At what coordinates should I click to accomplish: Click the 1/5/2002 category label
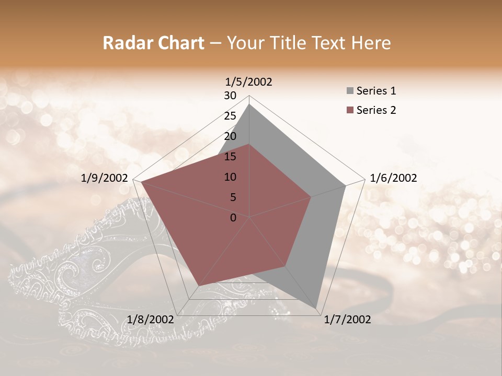(249, 82)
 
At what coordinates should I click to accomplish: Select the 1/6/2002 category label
(393, 178)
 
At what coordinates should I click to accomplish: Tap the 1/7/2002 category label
(348, 320)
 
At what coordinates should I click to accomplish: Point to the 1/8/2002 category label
(150, 320)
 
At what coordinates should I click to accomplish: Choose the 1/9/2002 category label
(105, 178)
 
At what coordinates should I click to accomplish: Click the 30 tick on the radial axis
(230, 96)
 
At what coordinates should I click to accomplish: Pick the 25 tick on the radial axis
(230, 116)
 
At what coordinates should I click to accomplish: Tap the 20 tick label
(230, 136)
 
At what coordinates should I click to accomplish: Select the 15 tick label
(230, 157)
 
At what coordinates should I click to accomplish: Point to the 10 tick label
(230, 177)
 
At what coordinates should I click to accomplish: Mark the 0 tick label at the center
(233, 218)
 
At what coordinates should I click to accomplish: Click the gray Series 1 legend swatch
(350, 91)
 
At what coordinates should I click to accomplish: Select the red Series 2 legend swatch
(350, 110)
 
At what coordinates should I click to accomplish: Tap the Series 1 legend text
(376, 91)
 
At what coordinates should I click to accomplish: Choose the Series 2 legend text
(376, 110)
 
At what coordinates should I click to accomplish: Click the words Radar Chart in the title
(153, 43)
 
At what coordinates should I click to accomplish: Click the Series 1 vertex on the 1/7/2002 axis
(317, 308)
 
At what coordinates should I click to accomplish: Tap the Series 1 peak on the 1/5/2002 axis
(249, 104)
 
